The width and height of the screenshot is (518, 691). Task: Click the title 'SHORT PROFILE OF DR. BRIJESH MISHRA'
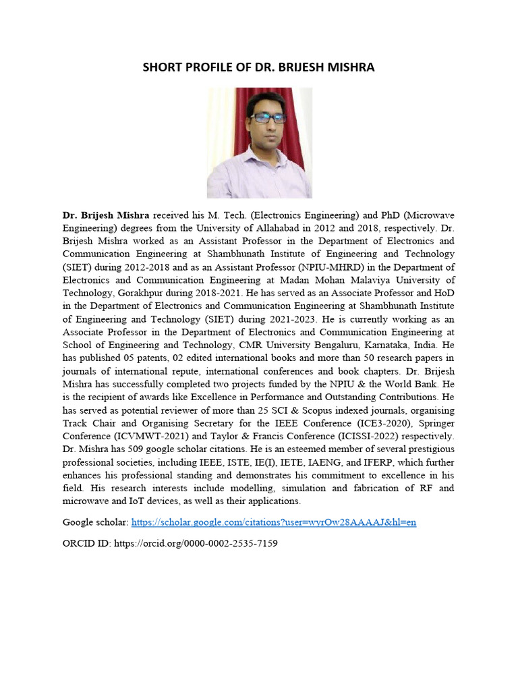pos(259,67)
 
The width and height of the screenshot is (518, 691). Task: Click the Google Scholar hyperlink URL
pos(274,522)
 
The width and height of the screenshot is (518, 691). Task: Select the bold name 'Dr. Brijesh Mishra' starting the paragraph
pos(106,215)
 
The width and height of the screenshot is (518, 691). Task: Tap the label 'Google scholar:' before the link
pos(95,522)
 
